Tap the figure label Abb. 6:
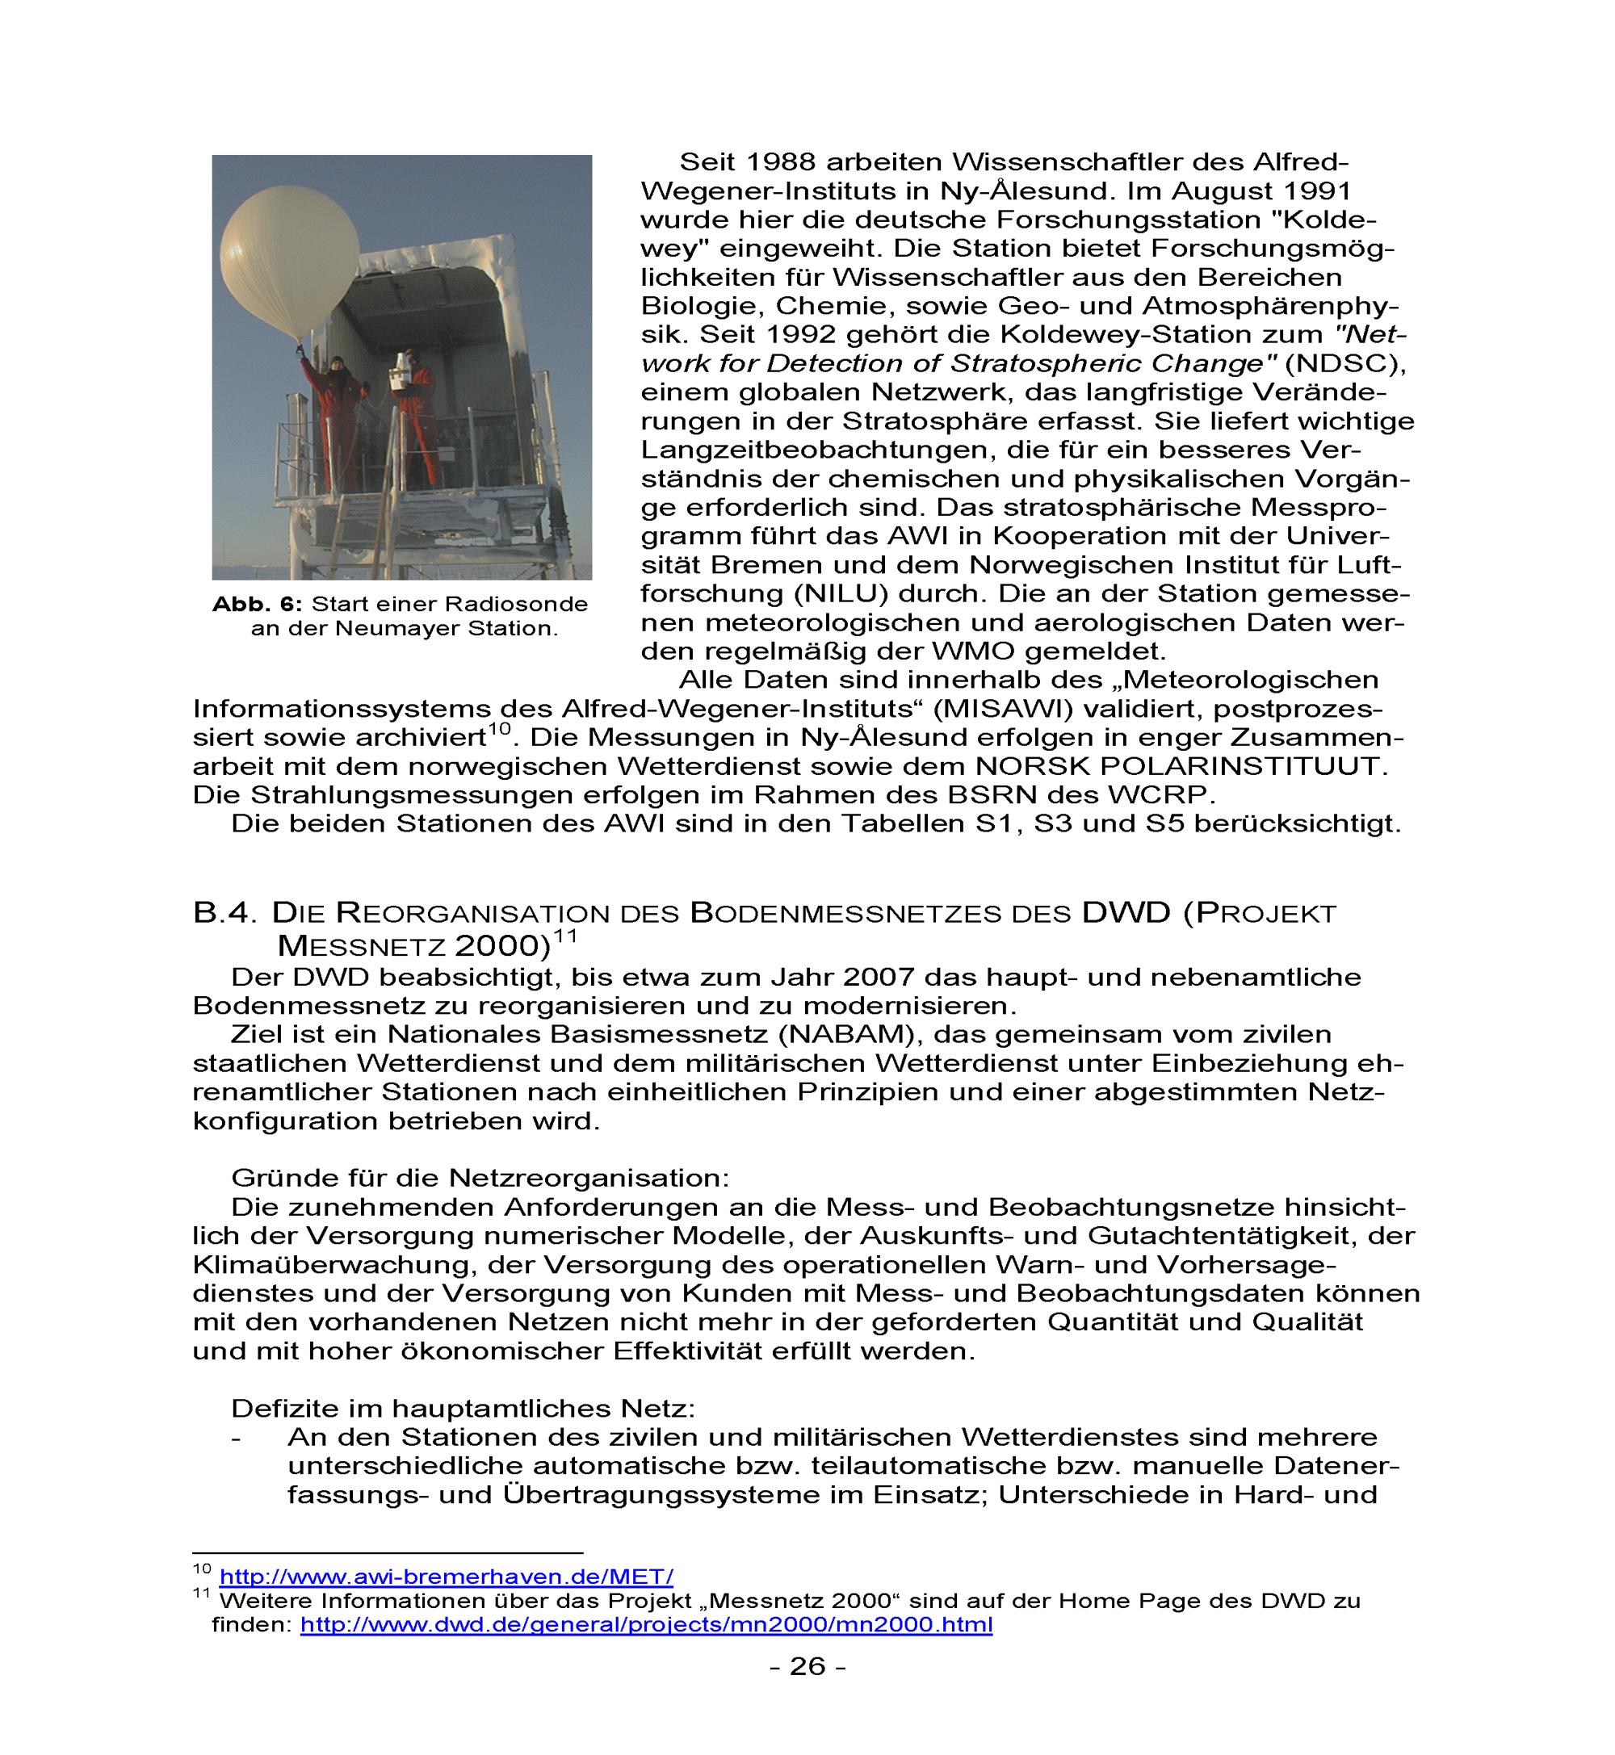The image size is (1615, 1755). point(257,605)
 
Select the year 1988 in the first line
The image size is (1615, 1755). point(782,162)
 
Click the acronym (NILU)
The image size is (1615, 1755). point(841,594)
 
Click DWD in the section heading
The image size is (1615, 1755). point(1126,913)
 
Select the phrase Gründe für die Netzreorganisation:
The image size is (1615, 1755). point(480,1179)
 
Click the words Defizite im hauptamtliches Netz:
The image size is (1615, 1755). point(464,1408)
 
